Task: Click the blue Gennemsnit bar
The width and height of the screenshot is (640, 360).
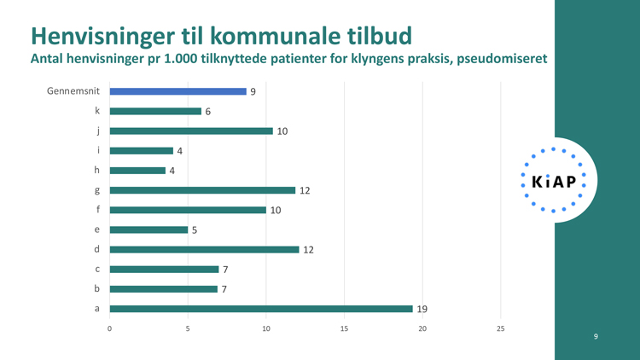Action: click(x=177, y=91)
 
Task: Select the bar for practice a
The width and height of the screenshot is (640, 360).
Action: click(x=261, y=309)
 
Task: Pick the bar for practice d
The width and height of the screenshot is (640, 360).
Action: click(x=204, y=249)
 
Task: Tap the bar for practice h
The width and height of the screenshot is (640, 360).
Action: click(x=137, y=171)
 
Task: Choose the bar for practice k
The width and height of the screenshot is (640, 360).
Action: click(x=155, y=111)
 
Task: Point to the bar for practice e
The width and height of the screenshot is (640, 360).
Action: click(x=148, y=229)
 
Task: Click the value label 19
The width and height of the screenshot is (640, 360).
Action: click(x=421, y=309)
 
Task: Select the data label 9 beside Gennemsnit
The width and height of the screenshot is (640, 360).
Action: click(x=253, y=91)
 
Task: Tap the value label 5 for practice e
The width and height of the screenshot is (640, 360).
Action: click(x=194, y=229)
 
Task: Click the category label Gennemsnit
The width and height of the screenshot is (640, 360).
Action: click(x=74, y=91)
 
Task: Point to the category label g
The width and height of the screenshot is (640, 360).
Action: click(x=97, y=190)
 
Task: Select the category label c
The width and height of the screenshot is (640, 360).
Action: click(x=97, y=270)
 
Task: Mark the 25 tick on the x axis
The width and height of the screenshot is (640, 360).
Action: click(x=501, y=328)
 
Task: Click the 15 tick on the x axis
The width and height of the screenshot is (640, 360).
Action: click(x=344, y=328)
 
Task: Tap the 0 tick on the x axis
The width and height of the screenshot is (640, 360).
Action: click(x=110, y=328)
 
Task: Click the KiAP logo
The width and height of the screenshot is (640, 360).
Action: click(x=553, y=180)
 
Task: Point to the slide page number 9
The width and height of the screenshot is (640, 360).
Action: click(x=596, y=337)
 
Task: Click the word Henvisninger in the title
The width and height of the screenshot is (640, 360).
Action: click(x=108, y=36)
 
